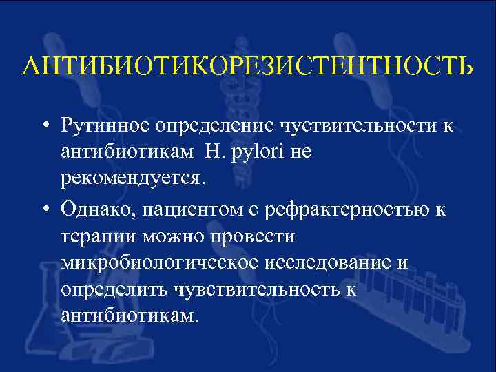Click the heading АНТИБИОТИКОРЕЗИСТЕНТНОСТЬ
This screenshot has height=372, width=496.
[248, 66]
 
